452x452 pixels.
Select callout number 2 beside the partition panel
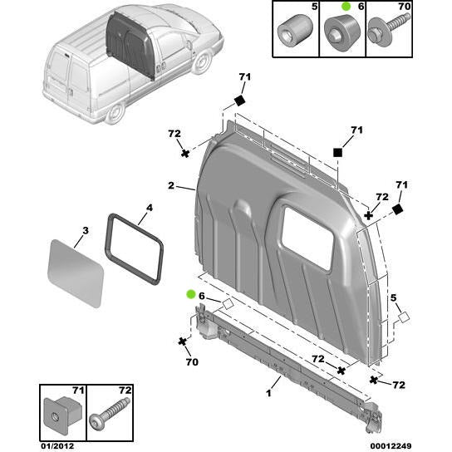click(x=171, y=187)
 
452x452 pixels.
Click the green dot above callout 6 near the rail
click(x=192, y=294)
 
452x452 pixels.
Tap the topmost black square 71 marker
click(x=238, y=101)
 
